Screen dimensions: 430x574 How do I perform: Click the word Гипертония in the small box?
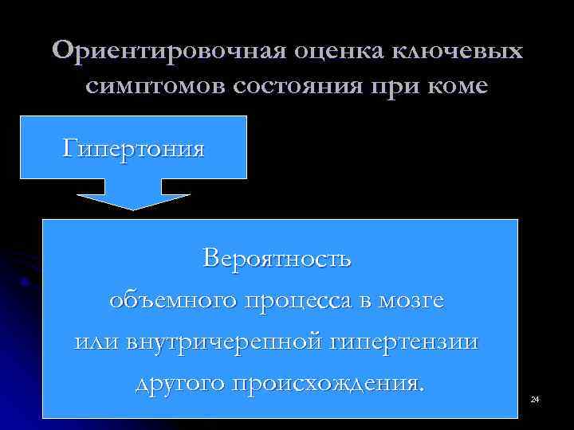(x=134, y=149)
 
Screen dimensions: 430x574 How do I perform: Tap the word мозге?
(x=412, y=302)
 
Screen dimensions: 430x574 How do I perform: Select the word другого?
(x=177, y=384)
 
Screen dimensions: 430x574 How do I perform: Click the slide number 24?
(x=535, y=397)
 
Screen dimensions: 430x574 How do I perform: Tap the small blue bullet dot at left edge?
(x=26, y=281)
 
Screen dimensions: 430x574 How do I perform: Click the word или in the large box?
(x=96, y=343)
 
